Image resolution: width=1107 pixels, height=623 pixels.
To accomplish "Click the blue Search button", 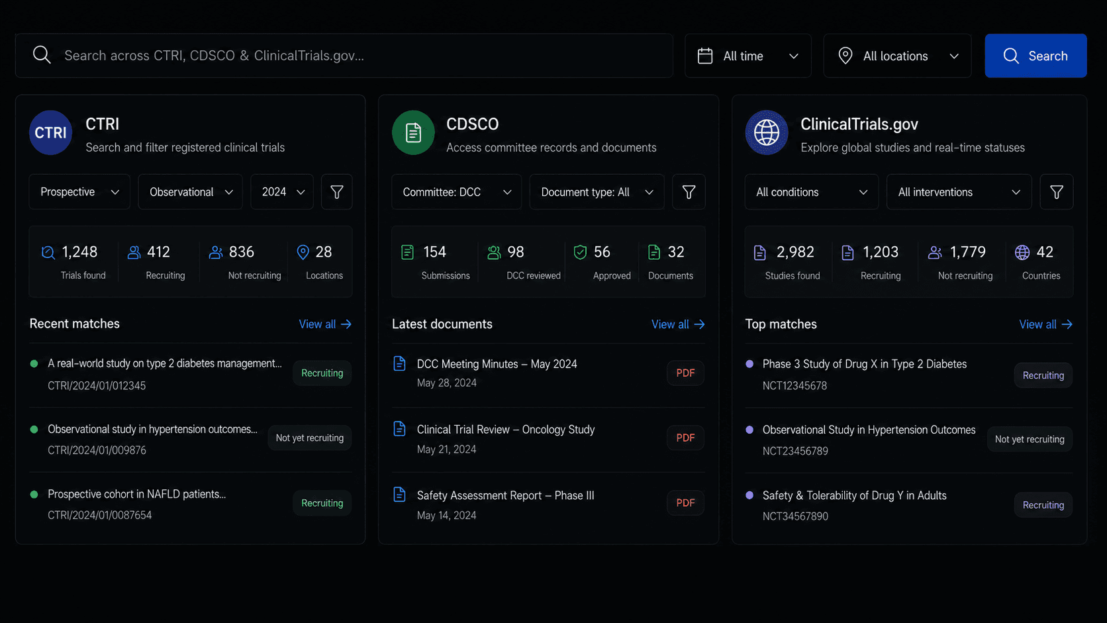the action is point(1035,56).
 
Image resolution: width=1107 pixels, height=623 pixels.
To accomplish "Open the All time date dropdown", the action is point(747,56).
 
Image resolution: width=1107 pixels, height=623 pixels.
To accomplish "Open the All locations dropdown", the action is point(897,56).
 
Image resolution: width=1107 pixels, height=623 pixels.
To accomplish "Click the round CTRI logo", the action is point(50,132).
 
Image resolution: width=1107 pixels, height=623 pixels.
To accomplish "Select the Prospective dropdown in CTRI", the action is point(79,192).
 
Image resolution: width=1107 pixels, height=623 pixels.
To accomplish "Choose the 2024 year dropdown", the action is point(281,192).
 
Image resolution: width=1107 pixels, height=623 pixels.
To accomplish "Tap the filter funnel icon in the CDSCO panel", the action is point(689,192).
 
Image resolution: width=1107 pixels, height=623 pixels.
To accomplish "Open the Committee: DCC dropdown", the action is point(456,192).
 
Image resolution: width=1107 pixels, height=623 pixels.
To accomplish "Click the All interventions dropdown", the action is point(959,192).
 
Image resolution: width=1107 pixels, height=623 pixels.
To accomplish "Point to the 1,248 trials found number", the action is point(79,252).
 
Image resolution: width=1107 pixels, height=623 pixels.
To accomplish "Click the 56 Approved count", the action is point(601,252).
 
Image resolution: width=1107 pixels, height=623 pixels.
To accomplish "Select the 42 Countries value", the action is point(1045,252).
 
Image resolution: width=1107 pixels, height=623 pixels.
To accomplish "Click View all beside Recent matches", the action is point(324,324).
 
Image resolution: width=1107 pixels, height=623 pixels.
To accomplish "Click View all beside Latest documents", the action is point(677,324).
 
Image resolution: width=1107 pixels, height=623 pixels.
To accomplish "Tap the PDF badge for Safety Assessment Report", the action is point(685,503).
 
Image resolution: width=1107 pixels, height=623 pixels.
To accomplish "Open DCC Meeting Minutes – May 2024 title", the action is point(497,364).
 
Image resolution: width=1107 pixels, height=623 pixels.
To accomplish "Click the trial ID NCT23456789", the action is point(794,451).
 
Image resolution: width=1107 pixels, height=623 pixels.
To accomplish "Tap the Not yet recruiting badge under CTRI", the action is point(309,438).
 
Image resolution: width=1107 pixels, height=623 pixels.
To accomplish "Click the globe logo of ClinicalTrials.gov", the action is point(767,132).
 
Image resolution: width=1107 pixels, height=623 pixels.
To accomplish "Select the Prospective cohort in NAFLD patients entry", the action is point(137,494).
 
